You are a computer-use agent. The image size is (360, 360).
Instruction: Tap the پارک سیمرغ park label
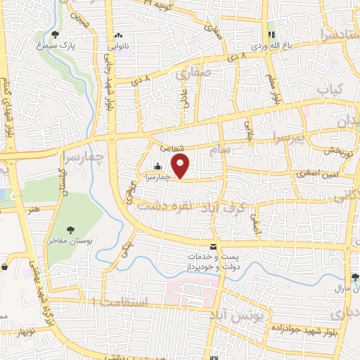point(56,45)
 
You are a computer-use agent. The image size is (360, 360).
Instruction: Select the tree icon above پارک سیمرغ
point(56,34)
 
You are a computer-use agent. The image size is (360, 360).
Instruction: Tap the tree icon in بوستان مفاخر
point(70,229)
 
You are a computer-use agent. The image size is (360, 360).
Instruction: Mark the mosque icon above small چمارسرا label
point(155,167)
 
